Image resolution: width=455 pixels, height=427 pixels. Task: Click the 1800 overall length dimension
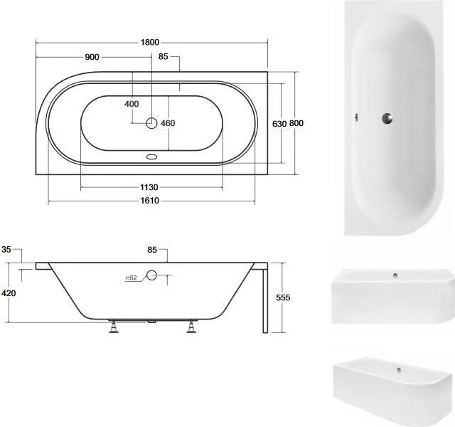[x=150, y=43]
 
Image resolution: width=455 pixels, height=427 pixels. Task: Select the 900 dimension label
[x=92, y=57]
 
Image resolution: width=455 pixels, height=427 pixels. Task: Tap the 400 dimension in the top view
[x=132, y=104]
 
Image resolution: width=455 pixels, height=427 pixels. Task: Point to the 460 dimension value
[x=168, y=123]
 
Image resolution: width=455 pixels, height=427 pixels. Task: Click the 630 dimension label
[x=279, y=124]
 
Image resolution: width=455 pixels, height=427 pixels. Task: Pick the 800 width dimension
[x=296, y=123]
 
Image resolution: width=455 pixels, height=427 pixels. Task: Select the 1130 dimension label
[x=149, y=187]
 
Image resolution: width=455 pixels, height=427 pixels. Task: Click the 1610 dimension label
[x=150, y=201]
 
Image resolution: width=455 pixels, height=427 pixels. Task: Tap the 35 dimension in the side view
[x=6, y=249]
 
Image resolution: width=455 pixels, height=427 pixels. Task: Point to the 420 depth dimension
[x=9, y=293]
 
